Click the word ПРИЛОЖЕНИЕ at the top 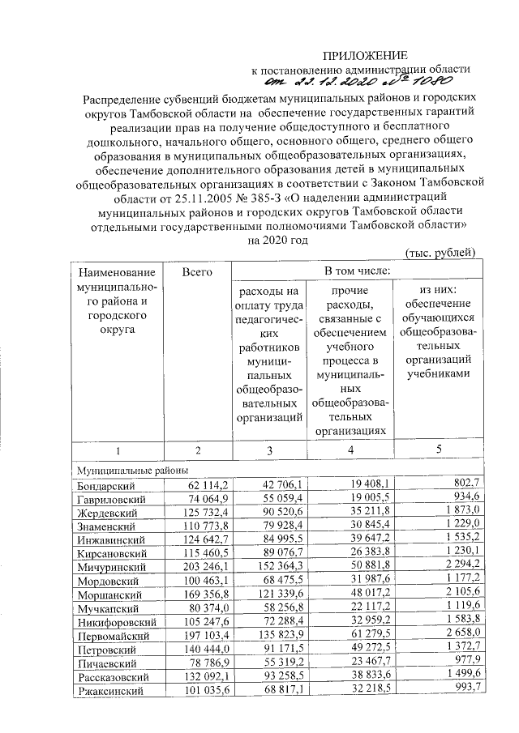[x=365, y=55]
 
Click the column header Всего [x=197, y=272]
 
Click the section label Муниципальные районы [x=132, y=471]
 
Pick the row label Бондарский [x=105, y=486]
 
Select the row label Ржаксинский [x=109, y=690]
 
